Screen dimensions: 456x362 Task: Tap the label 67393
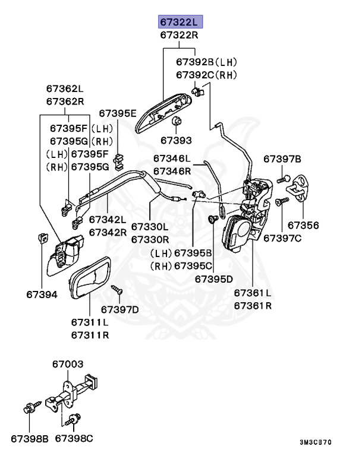tap(176, 141)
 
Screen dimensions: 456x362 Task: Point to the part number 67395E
tap(117, 113)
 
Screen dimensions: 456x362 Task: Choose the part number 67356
tap(303, 225)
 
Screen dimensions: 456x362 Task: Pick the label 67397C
tap(282, 238)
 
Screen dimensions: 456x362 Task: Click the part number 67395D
tap(214, 278)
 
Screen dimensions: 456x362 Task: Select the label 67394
tap(42, 293)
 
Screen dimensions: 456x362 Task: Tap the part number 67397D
tap(119, 309)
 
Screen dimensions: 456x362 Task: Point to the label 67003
tap(68, 364)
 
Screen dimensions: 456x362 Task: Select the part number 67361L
tap(253, 293)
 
